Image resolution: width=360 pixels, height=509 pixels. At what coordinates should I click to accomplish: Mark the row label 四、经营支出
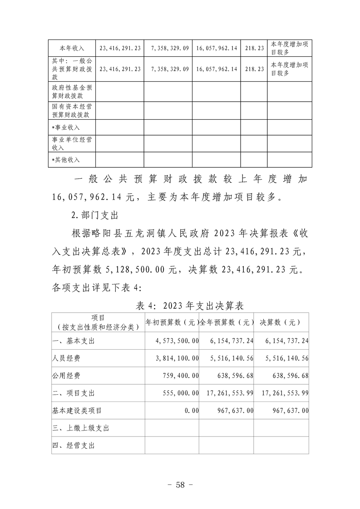(x=74, y=445)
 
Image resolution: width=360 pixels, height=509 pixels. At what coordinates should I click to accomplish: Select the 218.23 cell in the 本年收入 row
(x=254, y=47)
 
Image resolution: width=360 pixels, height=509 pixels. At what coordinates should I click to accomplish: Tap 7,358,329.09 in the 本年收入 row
(x=168, y=47)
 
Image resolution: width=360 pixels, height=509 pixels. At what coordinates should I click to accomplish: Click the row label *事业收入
(x=66, y=127)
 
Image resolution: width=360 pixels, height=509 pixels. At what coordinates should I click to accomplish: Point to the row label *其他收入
(x=66, y=159)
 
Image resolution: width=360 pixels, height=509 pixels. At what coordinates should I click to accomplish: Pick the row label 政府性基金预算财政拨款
(x=72, y=92)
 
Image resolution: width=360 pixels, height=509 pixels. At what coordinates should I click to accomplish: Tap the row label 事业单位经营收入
(x=72, y=143)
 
